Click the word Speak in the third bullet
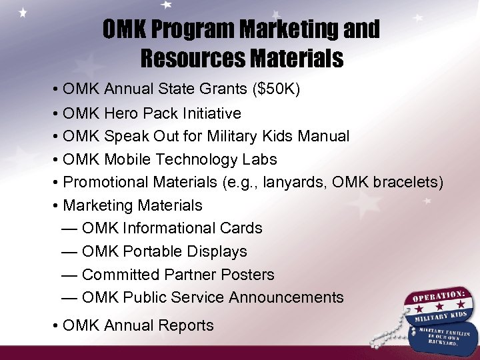125,137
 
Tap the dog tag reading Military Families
443,336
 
